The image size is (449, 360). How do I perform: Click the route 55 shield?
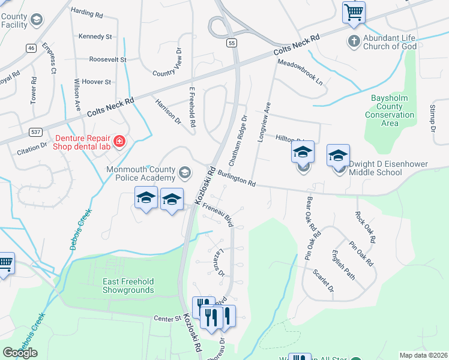pos(232,43)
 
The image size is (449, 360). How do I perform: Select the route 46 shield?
pos(31,48)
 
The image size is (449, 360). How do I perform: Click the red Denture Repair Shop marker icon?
pos(119,142)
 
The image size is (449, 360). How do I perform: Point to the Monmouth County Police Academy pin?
pos(185,174)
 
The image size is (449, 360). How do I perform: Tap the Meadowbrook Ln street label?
pos(300,71)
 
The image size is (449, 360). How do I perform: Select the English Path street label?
pos(343,265)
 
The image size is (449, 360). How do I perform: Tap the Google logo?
pos(20,352)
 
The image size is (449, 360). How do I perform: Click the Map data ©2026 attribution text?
pos(424,355)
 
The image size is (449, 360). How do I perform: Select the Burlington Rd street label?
pos(237,178)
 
